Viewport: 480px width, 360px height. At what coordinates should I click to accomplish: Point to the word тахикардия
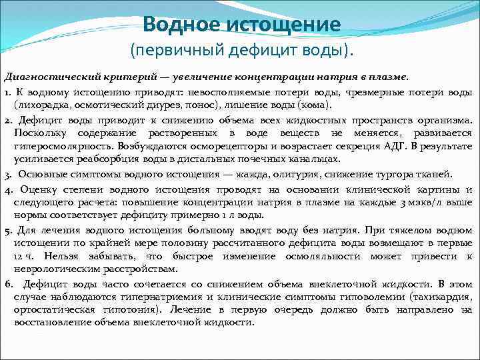click(445, 297)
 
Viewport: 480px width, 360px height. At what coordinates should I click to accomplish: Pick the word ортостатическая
click(53, 310)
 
